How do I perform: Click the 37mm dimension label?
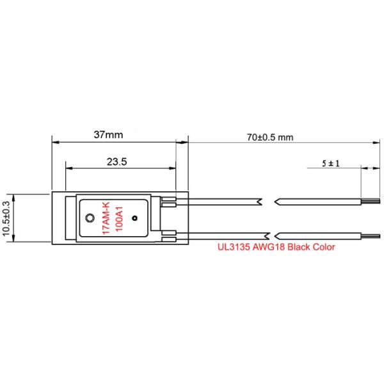tap(108, 134)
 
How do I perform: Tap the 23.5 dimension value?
tap(117, 162)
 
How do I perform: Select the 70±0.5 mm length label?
tap(270, 138)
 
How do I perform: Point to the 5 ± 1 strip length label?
tap(331, 163)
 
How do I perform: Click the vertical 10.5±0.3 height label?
tap(6, 218)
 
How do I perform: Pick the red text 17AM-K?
tap(106, 218)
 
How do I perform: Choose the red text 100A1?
tap(119, 219)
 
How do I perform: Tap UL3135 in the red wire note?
tap(234, 247)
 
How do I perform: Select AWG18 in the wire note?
tap(269, 247)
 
